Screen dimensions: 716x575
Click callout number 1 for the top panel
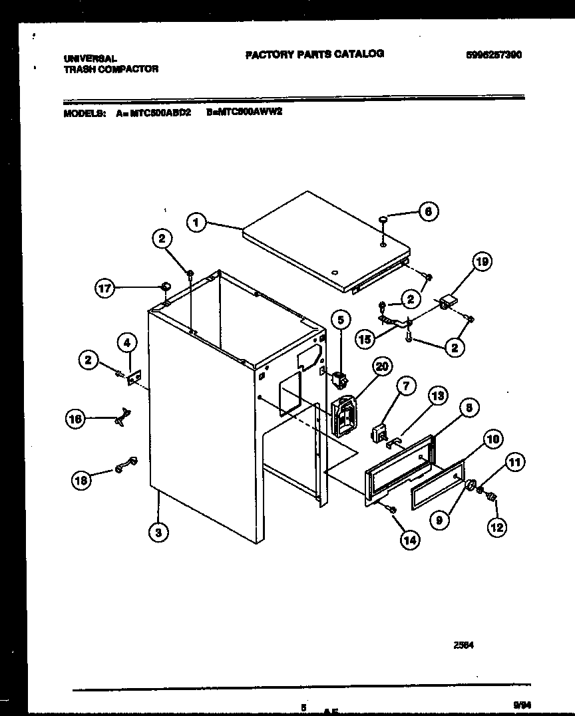pos(195,222)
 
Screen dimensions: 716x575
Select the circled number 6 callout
pos(428,211)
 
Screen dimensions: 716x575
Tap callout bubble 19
pos(481,262)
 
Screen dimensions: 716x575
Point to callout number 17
pos(105,289)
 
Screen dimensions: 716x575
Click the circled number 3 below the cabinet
pos(158,531)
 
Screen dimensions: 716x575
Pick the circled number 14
pos(409,540)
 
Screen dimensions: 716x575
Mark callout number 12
pos(496,527)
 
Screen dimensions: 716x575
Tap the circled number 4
pos(126,342)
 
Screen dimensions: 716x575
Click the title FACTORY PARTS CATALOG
pos(314,54)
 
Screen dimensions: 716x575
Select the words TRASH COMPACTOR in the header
pos(110,68)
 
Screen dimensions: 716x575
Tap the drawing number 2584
pos(465,644)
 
